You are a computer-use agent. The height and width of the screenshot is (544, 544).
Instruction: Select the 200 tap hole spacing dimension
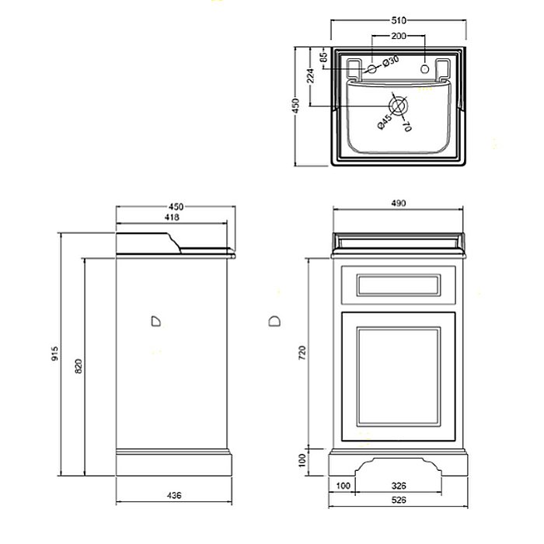click(398, 37)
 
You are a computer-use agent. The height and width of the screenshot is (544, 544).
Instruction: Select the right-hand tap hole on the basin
click(424, 68)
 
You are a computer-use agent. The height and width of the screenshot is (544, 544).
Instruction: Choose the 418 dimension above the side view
click(172, 218)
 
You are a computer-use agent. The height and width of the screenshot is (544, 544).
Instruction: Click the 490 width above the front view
click(397, 204)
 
